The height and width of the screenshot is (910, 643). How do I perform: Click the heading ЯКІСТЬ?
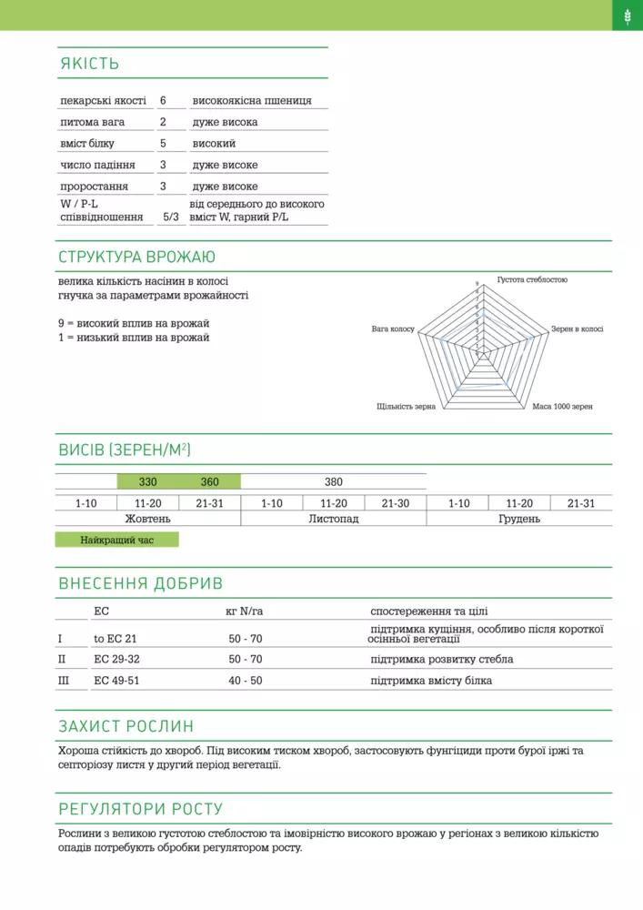pyautogui.click(x=89, y=64)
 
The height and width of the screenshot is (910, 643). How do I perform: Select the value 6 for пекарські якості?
pyautogui.click(x=163, y=100)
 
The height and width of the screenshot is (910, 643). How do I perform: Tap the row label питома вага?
pyautogui.click(x=93, y=122)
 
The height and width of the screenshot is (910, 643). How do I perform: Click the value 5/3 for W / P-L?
pyautogui.click(x=170, y=217)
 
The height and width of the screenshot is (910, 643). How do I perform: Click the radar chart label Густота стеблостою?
pyautogui.click(x=532, y=279)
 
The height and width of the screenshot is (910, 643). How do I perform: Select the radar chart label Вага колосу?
pyautogui.click(x=393, y=328)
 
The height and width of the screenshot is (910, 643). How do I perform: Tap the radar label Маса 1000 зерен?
pyautogui.click(x=562, y=406)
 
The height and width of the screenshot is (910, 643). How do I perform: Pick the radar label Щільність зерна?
pyautogui.click(x=407, y=406)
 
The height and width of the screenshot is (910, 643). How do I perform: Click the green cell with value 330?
pyautogui.click(x=148, y=481)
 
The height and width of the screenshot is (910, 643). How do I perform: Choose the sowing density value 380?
pyautogui.click(x=334, y=481)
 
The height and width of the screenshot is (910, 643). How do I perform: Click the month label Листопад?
pyautogui.click(x=334, y=519)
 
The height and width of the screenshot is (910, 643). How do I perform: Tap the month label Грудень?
pyautogui.click(x=519, y=519)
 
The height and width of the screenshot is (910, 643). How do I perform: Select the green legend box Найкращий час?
pyautogui.click(x=117, y=540)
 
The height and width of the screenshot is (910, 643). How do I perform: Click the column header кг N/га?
pyautogui.click(x=244, y=612)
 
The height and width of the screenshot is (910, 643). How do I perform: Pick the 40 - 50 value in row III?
pyautogui.click(x=246, y=681)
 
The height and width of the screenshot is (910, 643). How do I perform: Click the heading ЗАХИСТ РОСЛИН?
pyautogui.click(x=126, y=726)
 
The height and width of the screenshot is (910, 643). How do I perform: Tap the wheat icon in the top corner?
pyautogui.click(x=628, y=15)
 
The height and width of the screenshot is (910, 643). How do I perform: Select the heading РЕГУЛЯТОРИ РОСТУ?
pyautogui.click(x=141, y=809)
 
